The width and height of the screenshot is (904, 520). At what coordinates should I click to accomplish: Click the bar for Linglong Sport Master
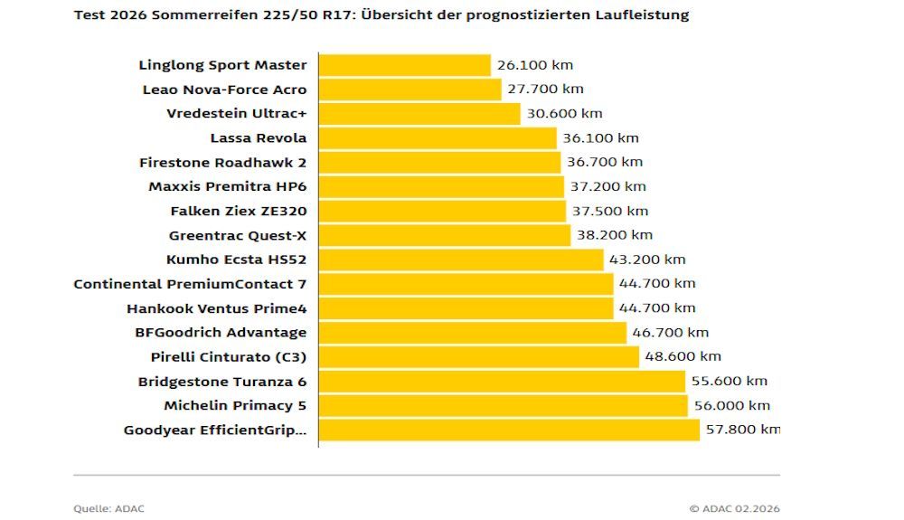coord(405,65)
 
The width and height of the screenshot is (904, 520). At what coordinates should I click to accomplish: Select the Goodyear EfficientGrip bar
coord(509,430)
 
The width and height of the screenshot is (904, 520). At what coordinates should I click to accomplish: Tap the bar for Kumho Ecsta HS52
coord(461,260)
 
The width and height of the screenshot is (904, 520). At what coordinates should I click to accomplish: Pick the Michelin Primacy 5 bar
coord(504,406)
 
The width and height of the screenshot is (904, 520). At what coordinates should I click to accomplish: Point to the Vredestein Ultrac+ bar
coord(419,114)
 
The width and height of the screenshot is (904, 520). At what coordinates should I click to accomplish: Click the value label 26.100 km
coord(535,65)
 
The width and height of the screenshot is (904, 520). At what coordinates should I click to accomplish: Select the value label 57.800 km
coord(742,430)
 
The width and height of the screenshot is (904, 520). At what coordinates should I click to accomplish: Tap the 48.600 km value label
coord(683,357)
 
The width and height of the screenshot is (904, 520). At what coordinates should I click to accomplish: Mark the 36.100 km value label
coord(600,138)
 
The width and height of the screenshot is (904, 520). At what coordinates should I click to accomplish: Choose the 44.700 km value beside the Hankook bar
coord(657,308)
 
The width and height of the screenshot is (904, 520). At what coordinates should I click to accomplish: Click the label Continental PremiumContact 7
coord(190,284)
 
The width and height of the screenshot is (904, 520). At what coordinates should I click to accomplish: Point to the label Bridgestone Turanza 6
coord(222,382)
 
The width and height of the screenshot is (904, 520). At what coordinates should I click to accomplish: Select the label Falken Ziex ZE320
coord(239,212)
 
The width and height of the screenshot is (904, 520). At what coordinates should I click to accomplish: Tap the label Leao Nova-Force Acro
coord(224,90)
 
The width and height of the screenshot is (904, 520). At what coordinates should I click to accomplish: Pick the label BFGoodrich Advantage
coord(221,333)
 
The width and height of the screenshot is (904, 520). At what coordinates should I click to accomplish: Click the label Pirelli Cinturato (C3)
coord(229,357)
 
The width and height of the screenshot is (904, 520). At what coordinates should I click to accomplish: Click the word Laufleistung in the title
coord(644,15)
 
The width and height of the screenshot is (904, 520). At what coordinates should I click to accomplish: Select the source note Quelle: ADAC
coord(108,509)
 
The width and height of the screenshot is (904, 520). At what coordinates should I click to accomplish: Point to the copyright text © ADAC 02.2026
coord(734,509)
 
